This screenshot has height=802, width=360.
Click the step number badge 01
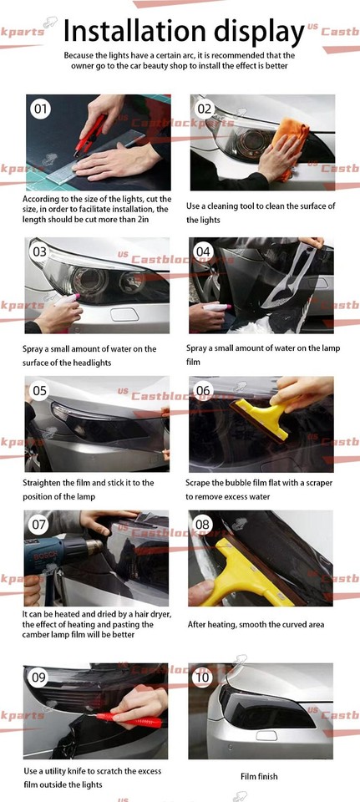(40, 109)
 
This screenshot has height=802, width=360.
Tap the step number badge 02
(205, 109)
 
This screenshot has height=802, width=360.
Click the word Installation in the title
(138, 31)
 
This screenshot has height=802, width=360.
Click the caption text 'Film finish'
(259, 777)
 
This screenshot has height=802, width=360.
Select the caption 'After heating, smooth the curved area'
(255, 624)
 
